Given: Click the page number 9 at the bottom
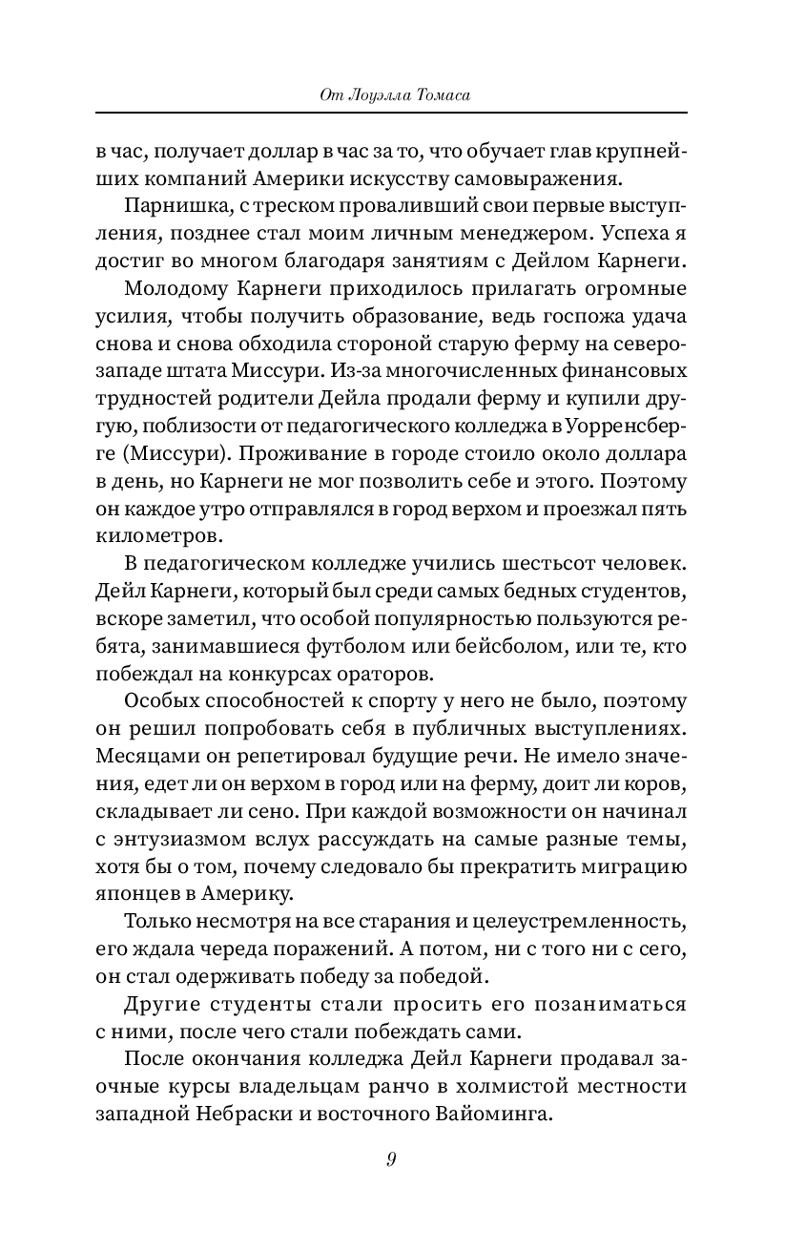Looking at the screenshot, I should click(x=391, y=1158).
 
